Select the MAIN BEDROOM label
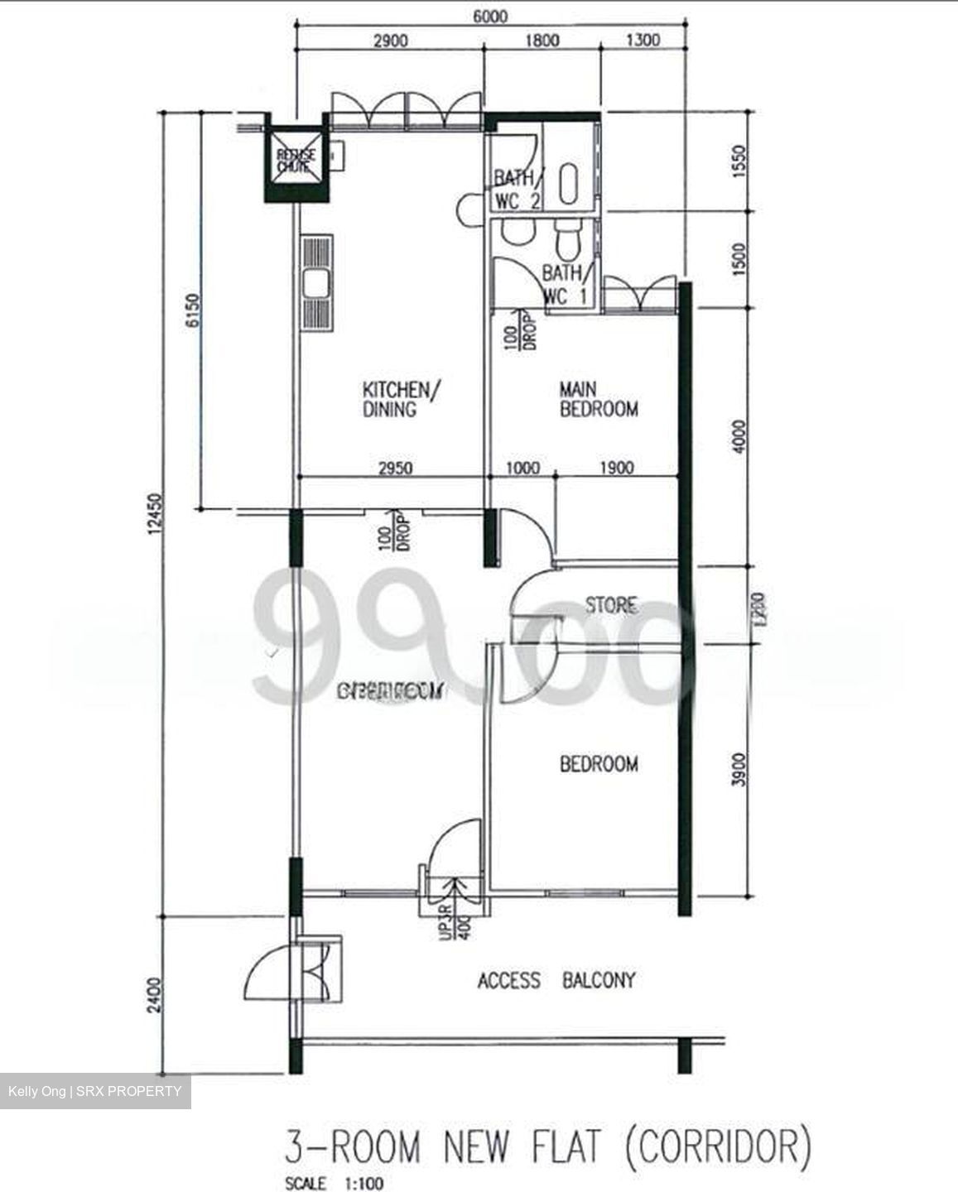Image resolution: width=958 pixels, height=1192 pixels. pyautogui.click(x=599, y=399)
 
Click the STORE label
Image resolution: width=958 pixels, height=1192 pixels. pyautogui.click(x=611, y=605)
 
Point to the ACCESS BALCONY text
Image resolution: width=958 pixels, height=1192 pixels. pyautogui.click(x=556, y=981)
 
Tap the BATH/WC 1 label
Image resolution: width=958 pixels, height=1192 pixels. pyautogui.click(x=566, y=284)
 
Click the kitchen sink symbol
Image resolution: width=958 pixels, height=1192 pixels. pyautogui.click(x=317, y=284)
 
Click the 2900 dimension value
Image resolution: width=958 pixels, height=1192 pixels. pyautogui.click(x=389, y=40)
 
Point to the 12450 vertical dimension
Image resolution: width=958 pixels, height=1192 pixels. pyautogui.click(x=157, y=521)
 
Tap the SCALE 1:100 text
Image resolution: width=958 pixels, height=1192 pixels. pyautogui.click(x=334, y=1184)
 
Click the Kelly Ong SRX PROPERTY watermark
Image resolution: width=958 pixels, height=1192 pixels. pyautogui.click(x=94, y=1091)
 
